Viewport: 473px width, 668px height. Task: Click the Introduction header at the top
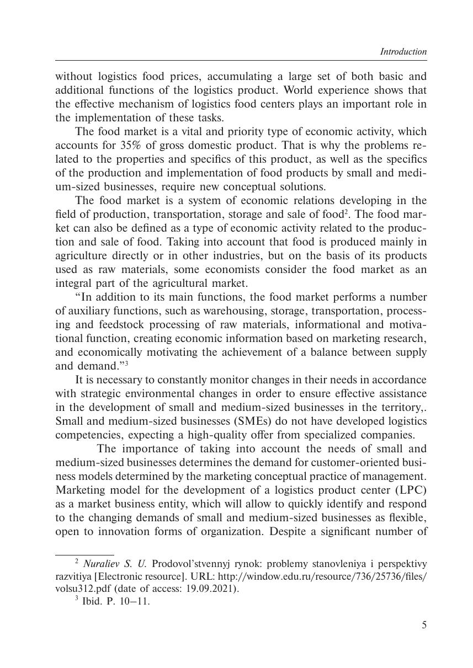403,52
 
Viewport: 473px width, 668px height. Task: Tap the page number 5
424,625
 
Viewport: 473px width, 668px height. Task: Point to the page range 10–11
135,602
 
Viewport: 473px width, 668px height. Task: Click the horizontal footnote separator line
84,554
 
